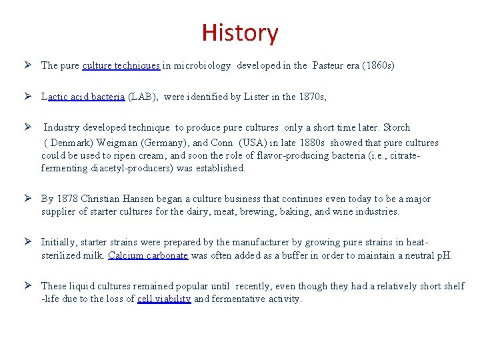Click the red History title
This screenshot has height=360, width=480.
click(x=240, y=32)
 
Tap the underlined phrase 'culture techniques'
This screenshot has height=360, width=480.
click(x=121, y=65)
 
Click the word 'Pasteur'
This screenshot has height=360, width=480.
click(x=327, y=65)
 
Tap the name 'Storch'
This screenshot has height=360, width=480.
click(x=397, y=127)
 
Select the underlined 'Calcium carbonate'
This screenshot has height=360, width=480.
click(x=148, y=255)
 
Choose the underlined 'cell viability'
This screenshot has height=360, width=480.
click(x=164, y=299)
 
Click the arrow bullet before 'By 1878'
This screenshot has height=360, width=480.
click(x=29, y=199)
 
